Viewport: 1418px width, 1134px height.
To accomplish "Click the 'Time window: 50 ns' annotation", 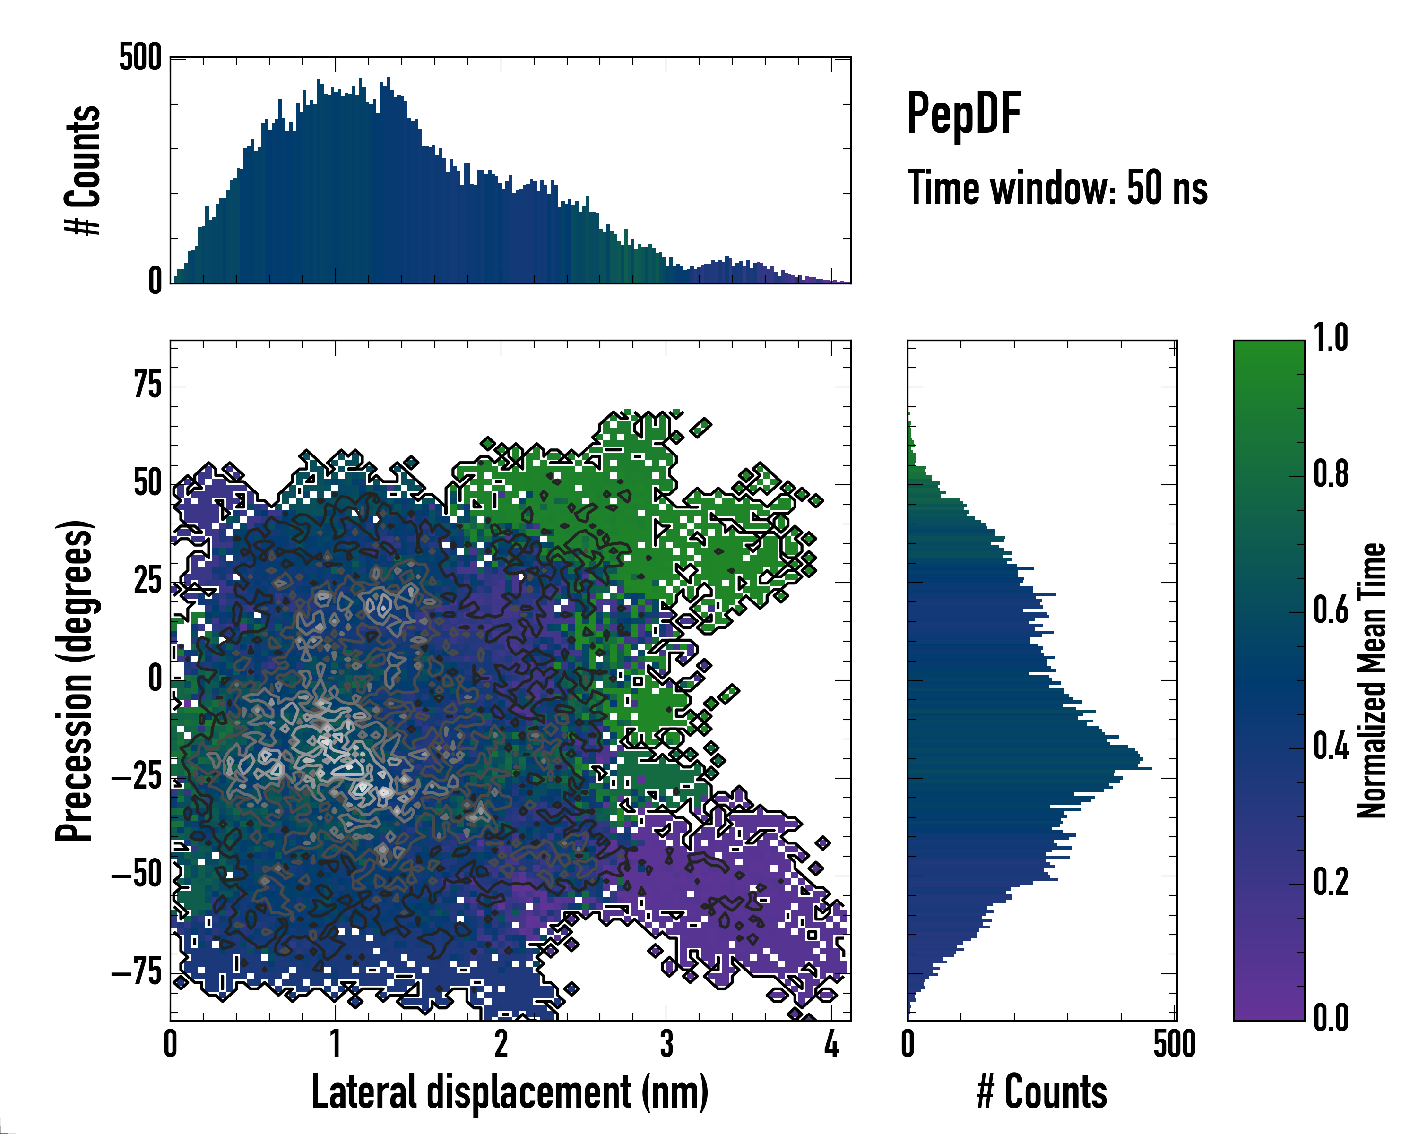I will coord(1057,188).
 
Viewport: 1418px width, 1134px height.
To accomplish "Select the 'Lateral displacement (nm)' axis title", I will coord(510,1092).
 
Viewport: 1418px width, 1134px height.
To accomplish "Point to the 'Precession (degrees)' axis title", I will coord(74,680).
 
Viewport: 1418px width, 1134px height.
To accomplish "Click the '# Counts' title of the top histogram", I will coord(83,170).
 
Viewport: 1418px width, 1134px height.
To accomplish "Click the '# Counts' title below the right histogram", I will coord(1042,1092).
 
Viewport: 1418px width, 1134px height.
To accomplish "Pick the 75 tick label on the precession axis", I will coord(147,385).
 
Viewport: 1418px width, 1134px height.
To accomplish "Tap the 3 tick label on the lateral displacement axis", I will coord(666,1044).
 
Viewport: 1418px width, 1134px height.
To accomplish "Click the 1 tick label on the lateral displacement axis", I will coord(336,1044).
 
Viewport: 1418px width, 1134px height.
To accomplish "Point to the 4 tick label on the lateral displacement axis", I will coord(831,1044).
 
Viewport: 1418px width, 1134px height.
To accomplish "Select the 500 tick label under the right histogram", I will coord(1174,1044).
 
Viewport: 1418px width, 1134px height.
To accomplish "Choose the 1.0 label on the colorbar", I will coord(1331,338).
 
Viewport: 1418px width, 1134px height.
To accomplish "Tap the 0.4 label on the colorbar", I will coord(1331,747).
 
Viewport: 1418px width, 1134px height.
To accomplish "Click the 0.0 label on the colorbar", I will coord(1331,1018).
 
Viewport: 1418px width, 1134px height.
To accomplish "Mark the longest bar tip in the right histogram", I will coord(1150,768).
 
